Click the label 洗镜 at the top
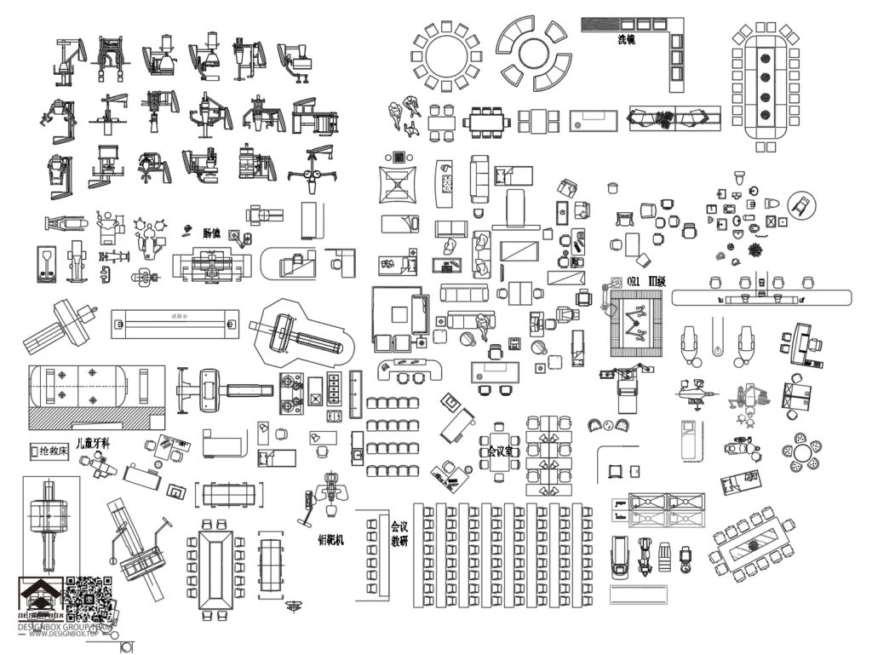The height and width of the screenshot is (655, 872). point(626,39)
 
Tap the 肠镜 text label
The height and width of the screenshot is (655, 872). point(211,232)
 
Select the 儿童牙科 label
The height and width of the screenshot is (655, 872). point(92,443)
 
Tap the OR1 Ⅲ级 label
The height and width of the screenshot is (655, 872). point(645,280)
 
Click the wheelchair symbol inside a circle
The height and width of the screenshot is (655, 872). point(801,204)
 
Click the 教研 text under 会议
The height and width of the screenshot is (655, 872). point(399,541)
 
